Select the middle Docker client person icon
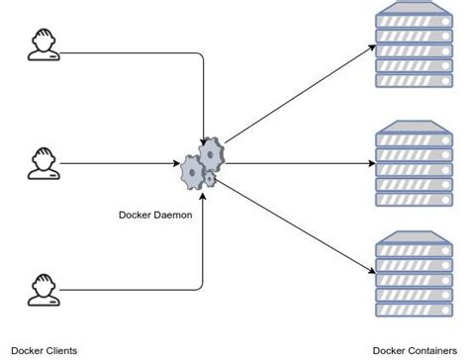pos(42,163)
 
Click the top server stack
pos(412,44)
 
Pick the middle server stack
pos(412,163)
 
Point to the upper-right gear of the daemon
pos(212,154)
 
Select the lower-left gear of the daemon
pos(192,173)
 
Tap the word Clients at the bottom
pos(58,350)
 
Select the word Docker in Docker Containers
pos(389,350)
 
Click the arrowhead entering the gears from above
pos(204,141)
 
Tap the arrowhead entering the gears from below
pos(203,190)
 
